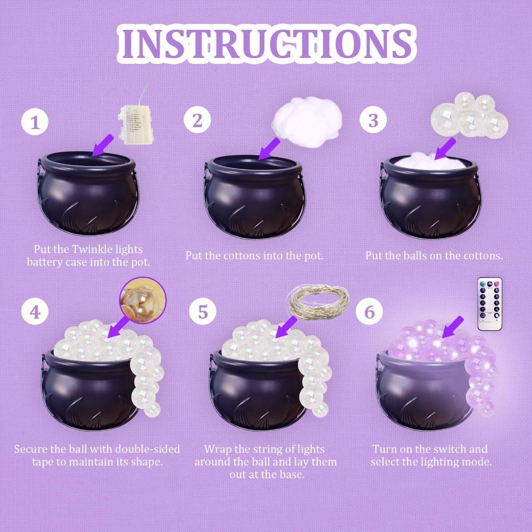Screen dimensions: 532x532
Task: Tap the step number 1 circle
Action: (35, 123)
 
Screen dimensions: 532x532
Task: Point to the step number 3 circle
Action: (373, 120)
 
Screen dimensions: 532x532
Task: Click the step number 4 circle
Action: (35, 311)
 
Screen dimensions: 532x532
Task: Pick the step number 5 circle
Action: (203, 311)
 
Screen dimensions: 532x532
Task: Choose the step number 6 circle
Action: (369, 311)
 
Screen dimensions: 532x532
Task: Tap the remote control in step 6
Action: (490, 303)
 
